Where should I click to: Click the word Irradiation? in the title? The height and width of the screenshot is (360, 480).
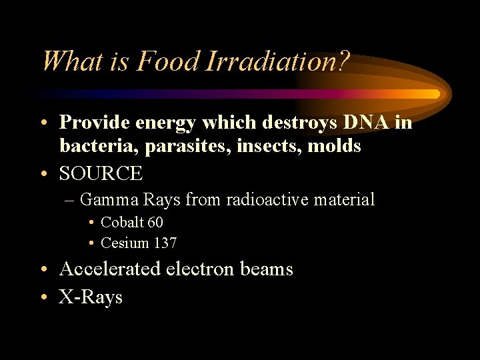click(278, 62)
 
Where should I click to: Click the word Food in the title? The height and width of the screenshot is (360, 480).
click(168, 62)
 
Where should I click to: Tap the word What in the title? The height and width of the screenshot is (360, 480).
click(71, 62)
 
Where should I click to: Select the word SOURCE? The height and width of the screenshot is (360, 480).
click(101, 173)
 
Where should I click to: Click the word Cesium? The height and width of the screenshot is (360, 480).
click(125, 243)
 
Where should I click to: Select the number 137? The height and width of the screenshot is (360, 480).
click(165, 243)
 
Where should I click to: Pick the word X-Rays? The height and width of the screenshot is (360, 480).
click(91, 297)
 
